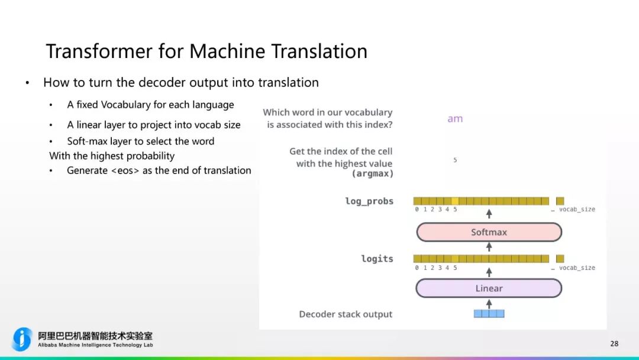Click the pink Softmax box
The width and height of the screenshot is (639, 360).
[x=489, y=232]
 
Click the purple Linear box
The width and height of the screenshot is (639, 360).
[x=489, y=288]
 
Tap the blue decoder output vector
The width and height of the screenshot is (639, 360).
[x=489, y=314]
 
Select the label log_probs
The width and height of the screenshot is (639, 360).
[x=369, y=201]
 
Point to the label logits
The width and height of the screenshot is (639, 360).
[x=377, y=259]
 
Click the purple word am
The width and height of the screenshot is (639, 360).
[x=455, y=118]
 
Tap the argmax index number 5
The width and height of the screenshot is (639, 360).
[x=455, y=160]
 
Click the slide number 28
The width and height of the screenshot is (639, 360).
[x=614, y=343]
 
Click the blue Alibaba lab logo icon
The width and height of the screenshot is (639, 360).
[x=22, y=339]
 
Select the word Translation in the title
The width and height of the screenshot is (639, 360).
[x=319, y=51]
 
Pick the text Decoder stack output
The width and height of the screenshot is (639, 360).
[x=346, y=314]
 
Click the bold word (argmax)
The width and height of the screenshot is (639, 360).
[x=372, y=174]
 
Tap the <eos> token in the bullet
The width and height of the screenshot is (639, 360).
[x=125, y=171]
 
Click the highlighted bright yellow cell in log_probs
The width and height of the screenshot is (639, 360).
[x=455, y=201]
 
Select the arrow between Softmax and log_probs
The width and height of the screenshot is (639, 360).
[x=489, y=214]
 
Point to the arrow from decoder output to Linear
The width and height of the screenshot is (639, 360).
[x=489, y=303]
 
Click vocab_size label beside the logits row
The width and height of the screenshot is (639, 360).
[x=577, y=268]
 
